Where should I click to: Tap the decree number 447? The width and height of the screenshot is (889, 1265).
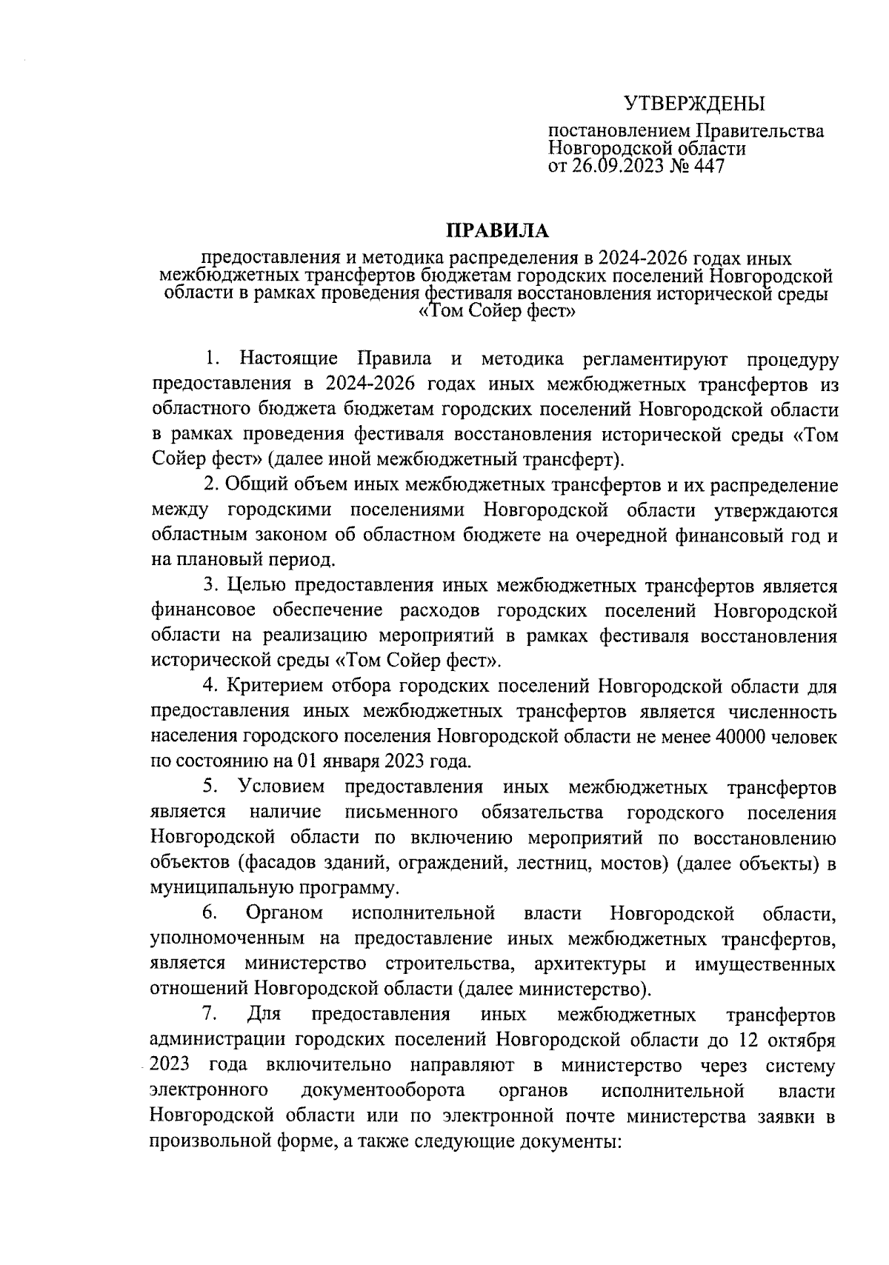tap(707, 166)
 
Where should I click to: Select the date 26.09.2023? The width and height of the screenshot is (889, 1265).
tap(607, 166)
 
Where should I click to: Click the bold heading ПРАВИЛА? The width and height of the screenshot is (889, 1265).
tap(497, 231)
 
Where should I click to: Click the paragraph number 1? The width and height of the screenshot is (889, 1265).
tap(213, 360)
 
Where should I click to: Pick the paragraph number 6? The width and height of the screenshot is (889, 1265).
tap(209, 914)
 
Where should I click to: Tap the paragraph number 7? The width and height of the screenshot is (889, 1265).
tap(209, 1015)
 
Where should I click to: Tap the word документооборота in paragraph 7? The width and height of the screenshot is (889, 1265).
tap(384, 1090)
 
